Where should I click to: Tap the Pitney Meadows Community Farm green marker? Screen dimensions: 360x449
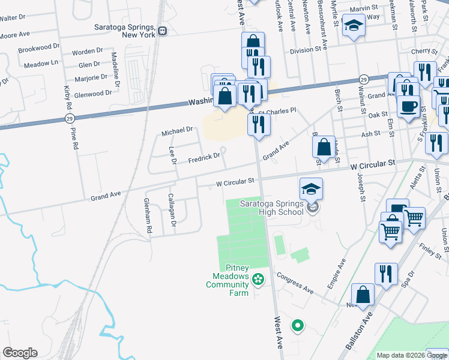click(258, 278)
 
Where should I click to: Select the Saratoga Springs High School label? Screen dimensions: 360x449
click(272, 207)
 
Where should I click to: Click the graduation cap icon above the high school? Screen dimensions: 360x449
click(311, 189)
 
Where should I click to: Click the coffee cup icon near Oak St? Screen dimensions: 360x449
click(409, 106)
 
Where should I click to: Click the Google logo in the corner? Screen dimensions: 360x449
click(20, 353)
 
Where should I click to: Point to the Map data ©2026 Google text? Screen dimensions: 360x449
click(412, 355)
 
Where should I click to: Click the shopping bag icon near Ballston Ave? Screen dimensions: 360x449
click(363, 295)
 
